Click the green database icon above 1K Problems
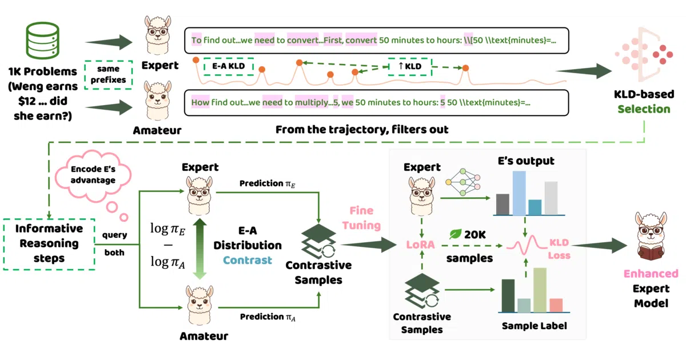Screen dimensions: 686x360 tap(42, 41)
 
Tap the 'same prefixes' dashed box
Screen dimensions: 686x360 tap(109, 75)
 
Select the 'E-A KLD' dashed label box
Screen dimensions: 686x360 tap(229, 66)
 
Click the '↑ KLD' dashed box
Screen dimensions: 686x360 tap(410, 66)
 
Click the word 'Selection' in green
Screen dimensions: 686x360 tap(644, 109)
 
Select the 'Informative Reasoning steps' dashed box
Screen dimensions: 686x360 tap(49, 244)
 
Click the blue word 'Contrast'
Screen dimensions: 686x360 tap(247, 260)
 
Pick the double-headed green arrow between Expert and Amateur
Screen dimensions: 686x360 tap(200, 249)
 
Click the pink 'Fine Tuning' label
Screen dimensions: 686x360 tap(361, 218)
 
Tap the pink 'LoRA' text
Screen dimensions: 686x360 tap(421, 245)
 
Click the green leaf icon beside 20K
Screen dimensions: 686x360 tap(455, 234)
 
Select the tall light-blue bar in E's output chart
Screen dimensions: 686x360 tap(519, 193)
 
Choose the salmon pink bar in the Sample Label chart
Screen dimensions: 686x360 tap(556, 305)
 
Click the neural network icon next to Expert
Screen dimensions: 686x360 tap(462, 182)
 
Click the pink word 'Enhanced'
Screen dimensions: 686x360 tap(651, 274)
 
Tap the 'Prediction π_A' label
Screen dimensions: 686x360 tap(268, 317)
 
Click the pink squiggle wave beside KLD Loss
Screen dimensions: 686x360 tap(526, 245)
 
